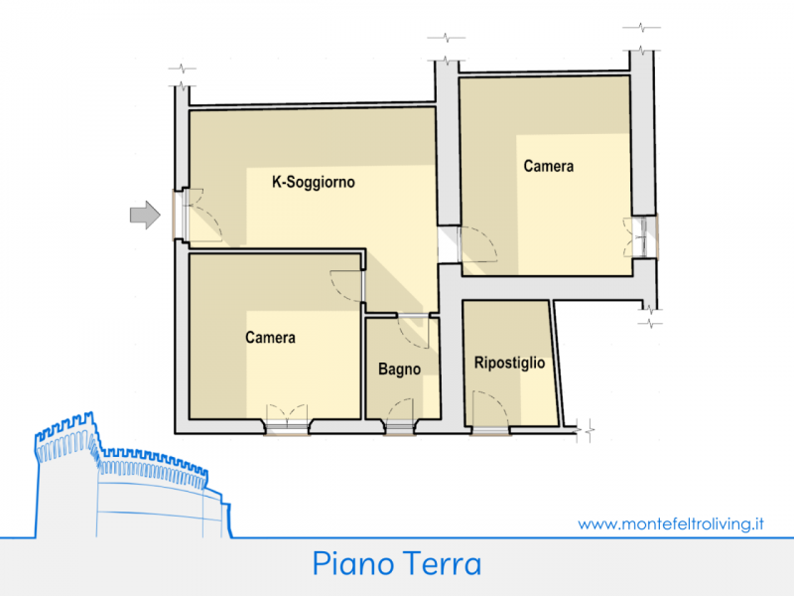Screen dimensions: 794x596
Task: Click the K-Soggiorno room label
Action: pos(314,182)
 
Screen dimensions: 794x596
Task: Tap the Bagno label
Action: pos(400,369)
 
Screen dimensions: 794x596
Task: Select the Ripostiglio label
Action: pos(509,363)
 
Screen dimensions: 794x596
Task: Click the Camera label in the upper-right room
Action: pos(549,166)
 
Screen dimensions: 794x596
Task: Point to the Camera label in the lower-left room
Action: pos(270,337)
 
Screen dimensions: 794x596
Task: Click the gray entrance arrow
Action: pos(145,215)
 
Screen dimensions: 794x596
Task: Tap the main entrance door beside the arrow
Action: pos(198,215)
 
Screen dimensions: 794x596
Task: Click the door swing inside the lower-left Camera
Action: pos(347,286)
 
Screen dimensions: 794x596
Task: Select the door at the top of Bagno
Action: pos(414,332)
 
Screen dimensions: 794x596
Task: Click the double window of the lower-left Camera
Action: pos(287,419)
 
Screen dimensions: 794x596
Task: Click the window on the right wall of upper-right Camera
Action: pos(640,237)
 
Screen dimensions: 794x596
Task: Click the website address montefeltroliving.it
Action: pos(671,523)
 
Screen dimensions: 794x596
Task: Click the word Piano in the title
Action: pos(353,563)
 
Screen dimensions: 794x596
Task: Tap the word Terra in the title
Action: pos(441,563)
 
